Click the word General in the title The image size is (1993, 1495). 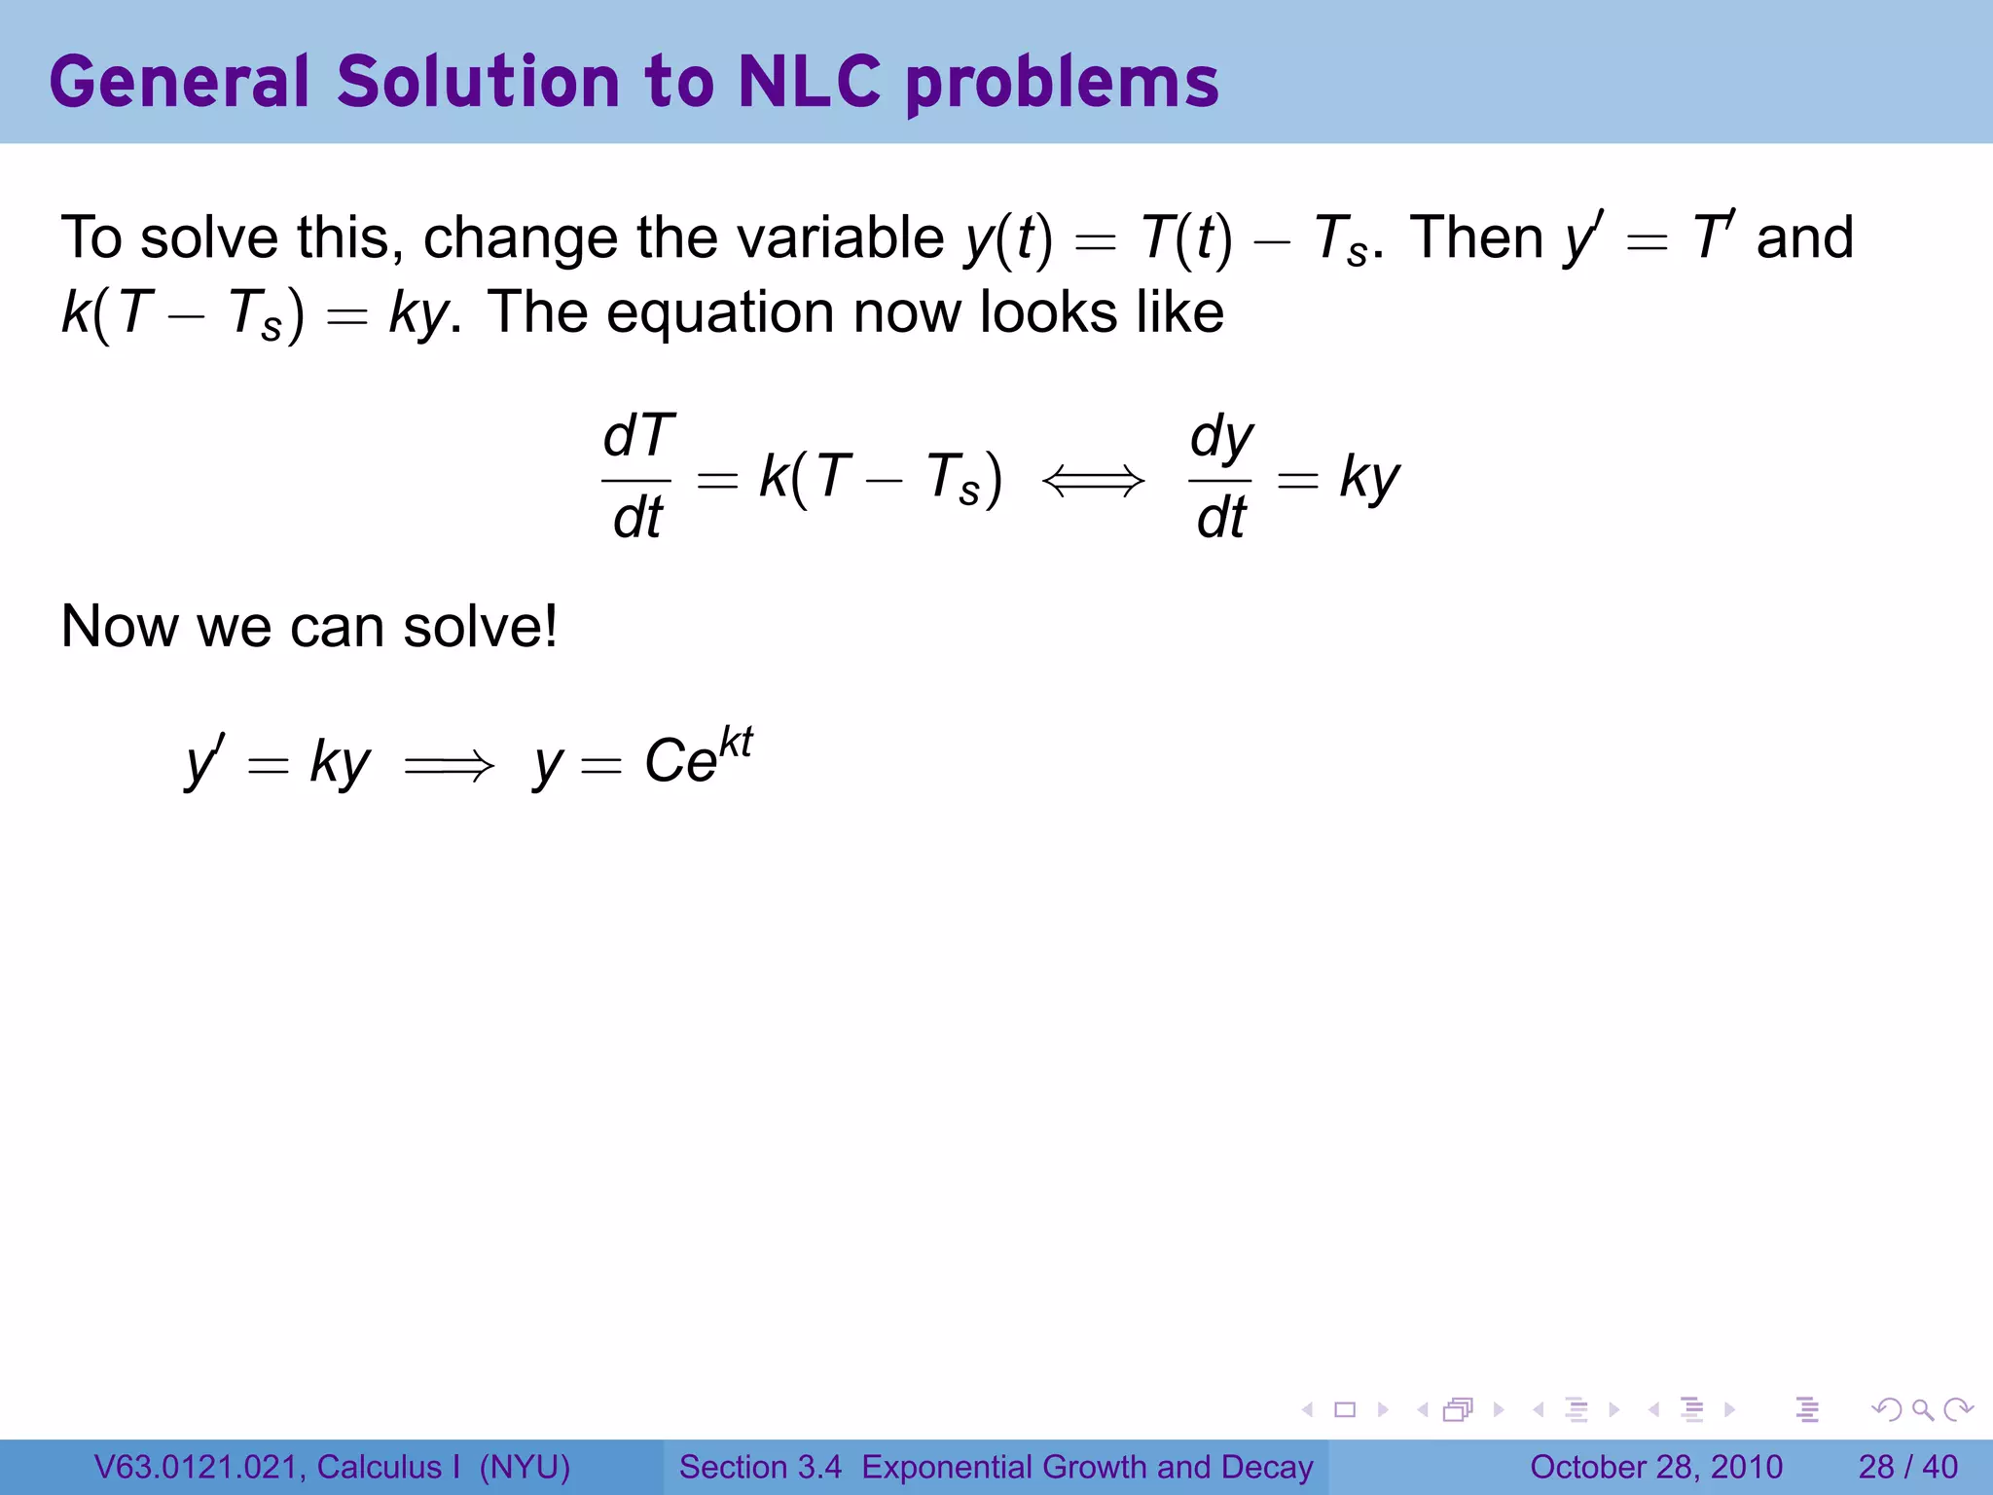click(x=178, y=82)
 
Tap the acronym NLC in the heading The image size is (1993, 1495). click(x=809, y=82)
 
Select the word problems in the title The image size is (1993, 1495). click(x=1062, y=84)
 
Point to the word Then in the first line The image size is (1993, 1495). click(x=1475, y=237)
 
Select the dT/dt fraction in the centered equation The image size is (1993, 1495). click(x=637, y=477)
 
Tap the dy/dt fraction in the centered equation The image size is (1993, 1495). click(x=1221, y=477)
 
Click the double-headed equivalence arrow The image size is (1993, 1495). click(x=1093, y=480)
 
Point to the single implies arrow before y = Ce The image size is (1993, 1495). click(x=449, y=767)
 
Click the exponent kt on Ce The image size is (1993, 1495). click(x=736, y=743)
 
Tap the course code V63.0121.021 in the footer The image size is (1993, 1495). click(x=199, y=1467)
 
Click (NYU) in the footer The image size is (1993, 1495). click(x=525, y=1467)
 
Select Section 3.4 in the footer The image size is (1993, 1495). click(x=760, y=1467)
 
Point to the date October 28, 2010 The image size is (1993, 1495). click(x=1655, y=1467)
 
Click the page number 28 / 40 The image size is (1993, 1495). click(x=1907, y=1467)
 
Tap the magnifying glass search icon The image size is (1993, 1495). click(x=1922, y=1409)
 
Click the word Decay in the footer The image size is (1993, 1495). click(x=1267, y=1467)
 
